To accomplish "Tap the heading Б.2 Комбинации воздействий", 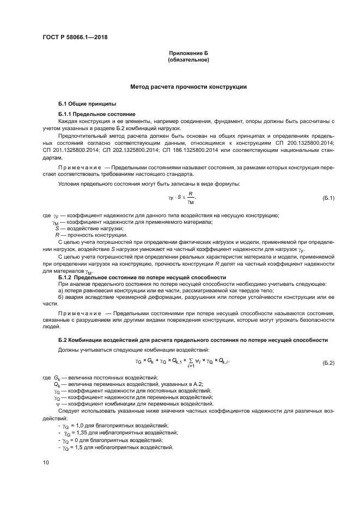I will pos(193,340).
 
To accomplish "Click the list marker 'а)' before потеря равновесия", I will pos(61,291).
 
